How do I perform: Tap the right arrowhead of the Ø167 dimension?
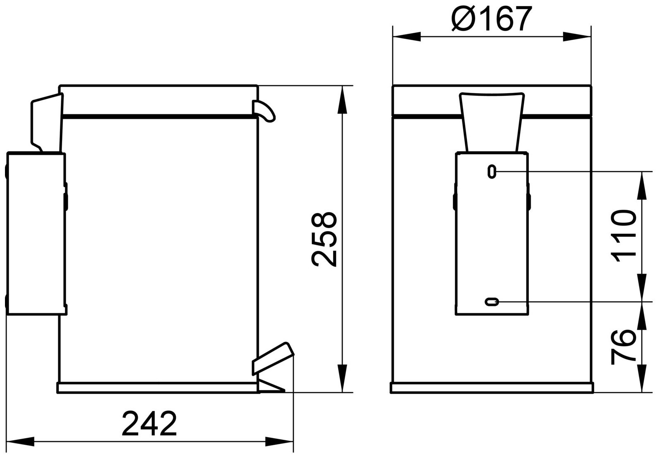577,36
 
